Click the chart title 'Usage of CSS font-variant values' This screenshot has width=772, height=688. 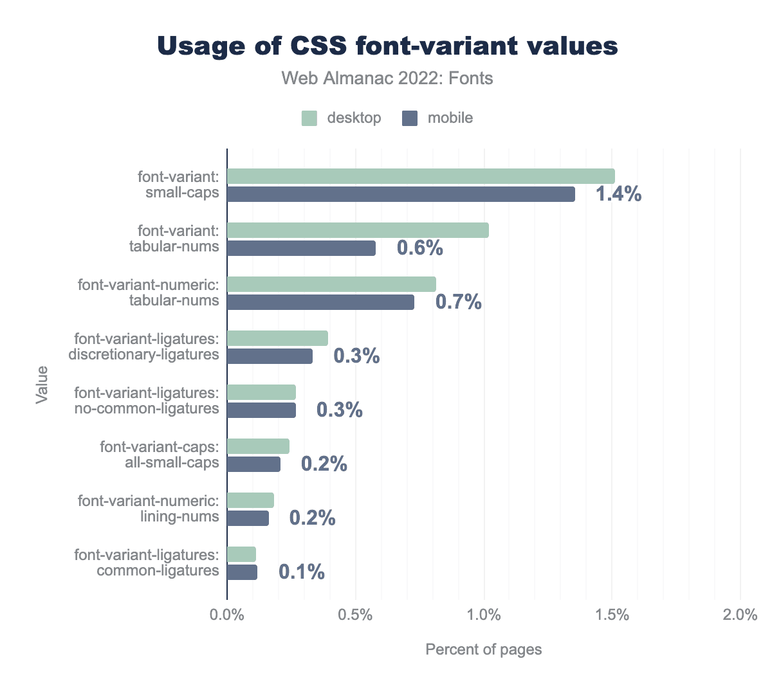point(387,47)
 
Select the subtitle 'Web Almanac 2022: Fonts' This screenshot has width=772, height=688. point(387,78)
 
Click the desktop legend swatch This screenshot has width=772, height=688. point(309,118)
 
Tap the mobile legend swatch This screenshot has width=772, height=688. point(410,118)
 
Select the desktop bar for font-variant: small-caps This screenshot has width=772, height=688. point(421,176)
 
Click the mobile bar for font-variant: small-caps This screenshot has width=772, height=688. point(401,194)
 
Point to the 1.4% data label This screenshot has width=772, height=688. point(618,194)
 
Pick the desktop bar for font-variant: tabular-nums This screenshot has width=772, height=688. point(358,230)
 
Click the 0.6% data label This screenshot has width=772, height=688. point(419,248)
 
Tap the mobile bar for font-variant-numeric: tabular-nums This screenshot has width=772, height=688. point(320,302)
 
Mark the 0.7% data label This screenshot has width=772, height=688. point(459,302)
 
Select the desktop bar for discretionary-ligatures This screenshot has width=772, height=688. point(277,338)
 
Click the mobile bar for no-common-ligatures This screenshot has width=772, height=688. point(261,410)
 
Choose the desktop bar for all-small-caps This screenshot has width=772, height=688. point(258,446)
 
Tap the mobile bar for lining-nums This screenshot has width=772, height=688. point(248,518)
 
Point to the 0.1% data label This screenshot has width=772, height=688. point(301,572)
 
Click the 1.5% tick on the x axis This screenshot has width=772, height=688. point(612,615)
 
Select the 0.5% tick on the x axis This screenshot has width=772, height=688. point(355,615)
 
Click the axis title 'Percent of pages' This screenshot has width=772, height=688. point(484,649)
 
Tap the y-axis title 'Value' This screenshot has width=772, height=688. point(42,385)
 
